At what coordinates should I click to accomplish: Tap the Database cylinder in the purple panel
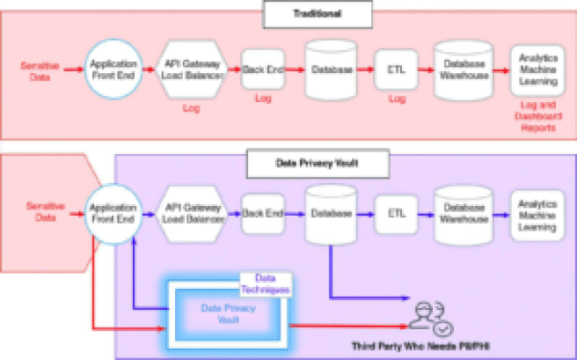(332, 215)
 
